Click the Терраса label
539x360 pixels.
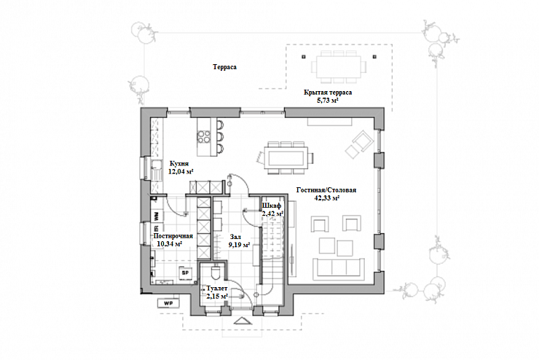[x=224, y=67]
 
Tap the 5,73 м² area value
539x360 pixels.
[x=328, y=101]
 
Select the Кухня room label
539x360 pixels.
[x=179, y=164]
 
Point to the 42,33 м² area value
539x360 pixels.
[x=327, y=197]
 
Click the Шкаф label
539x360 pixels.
[x=272, y=206]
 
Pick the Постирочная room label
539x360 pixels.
[x=173, y=236]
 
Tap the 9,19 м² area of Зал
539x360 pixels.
[x=239, y=245]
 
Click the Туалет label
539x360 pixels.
[x=217, y=288]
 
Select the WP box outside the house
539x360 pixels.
[x=168, y=303]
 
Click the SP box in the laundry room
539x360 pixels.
[x=185, y=273]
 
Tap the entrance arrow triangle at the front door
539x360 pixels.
[x=243, y=321]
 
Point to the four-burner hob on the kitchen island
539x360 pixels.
[x=204, y=136]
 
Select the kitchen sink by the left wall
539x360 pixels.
[x=157, y=170]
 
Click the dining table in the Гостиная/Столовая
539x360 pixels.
[x=286, y=158]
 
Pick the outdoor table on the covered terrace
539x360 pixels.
[x=339, y=66]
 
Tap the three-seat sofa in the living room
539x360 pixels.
[x=339, y=268]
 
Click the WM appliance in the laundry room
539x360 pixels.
[x=157, y=216]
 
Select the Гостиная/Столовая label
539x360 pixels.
[x=326, y=189]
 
